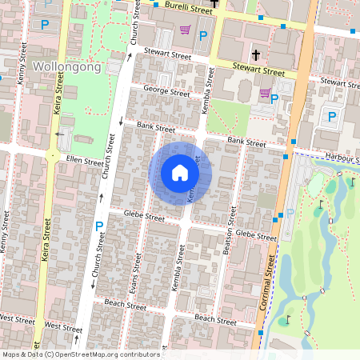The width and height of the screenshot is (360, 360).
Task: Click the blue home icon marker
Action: (x=180, y=173)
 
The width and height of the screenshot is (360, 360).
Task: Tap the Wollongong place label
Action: (x=67, y=67)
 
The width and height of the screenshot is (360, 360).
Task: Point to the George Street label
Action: (x=165, y=91)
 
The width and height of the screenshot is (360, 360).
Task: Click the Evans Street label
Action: (x=138, y=267)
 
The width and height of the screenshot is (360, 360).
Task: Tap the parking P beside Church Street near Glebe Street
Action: (x=99, y=226)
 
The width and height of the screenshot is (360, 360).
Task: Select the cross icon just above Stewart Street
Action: (x=256, y=55)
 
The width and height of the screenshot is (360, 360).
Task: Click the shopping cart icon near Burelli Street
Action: (x=186, y=31)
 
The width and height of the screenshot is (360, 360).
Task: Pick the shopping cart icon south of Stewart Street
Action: (x=264, y=94)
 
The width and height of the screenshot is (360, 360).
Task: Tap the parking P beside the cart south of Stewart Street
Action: (x=275, y=99)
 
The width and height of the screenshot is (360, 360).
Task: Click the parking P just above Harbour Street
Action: (x=332, y=117)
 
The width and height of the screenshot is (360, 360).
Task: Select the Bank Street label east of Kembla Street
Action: (x=246, y=142)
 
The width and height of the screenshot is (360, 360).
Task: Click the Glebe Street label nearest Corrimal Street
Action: (x=256, y=235)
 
